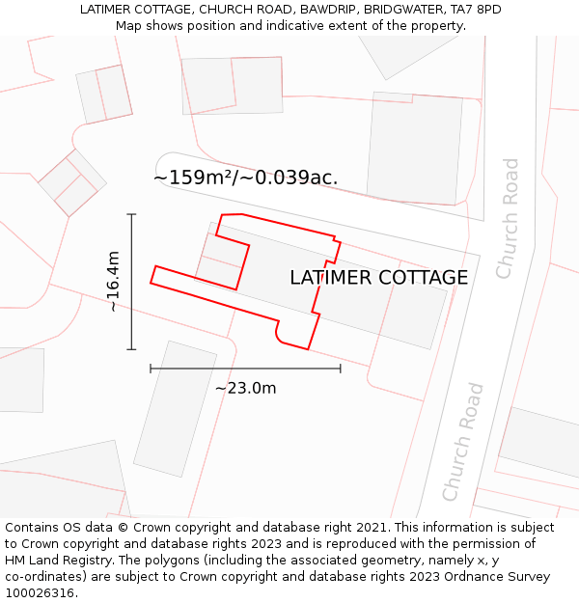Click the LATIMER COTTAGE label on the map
tap(378, 278)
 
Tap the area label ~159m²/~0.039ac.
tap(245, 178)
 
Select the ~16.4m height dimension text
tap(113, 281)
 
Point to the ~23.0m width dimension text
tap(245, 388)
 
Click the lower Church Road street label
tap(462, 442)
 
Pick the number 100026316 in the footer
tap(40, 593)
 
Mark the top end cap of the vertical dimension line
tap(131, 214)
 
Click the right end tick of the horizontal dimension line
tap(341, 368)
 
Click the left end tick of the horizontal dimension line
tap(151, 368)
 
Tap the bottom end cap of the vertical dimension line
tap(131, 349)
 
